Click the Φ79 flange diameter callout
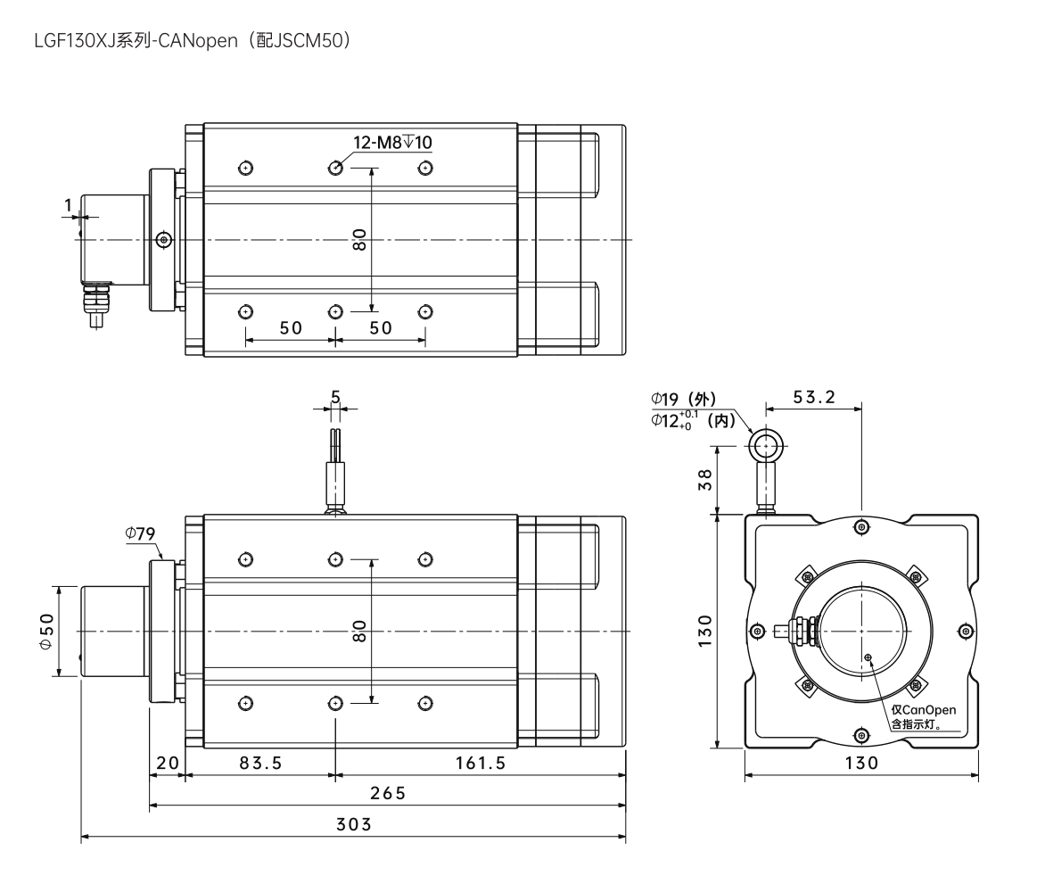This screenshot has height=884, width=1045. pos(142,533)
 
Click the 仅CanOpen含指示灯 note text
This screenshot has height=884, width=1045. pos(923,717)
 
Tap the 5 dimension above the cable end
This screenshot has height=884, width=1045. pos(335,397)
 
